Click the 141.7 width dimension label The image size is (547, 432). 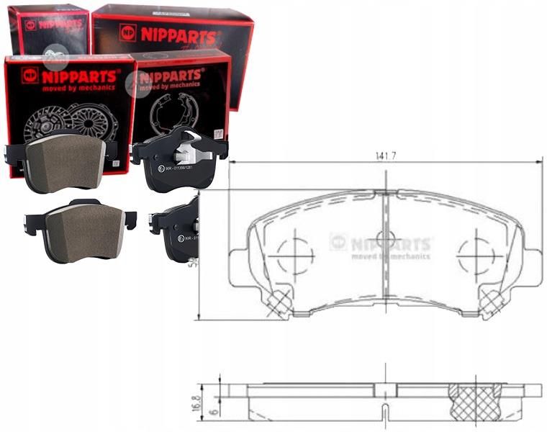point(386,154)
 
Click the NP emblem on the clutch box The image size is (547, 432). point(30,75)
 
